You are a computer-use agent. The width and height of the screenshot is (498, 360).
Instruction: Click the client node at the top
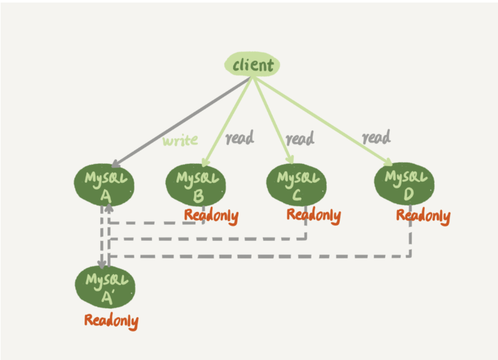click(x=253, y=65)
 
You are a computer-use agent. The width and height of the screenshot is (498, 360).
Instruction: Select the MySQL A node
click(x=104, y=185)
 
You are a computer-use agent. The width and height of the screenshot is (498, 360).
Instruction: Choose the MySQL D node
click(x=405, y=183)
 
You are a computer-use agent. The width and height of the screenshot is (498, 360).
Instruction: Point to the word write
click(x=180, y=140)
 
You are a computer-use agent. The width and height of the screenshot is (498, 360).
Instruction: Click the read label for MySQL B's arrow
click(x=240, y=137)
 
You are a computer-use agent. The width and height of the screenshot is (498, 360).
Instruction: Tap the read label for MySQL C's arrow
click(x=299, y=137)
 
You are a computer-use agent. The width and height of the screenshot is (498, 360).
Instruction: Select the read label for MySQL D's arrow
click(x=376, y=136)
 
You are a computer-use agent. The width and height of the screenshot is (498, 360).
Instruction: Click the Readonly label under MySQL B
click(x=211, y=216)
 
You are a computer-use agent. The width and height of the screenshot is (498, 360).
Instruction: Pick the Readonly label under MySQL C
click(x=313, y=215)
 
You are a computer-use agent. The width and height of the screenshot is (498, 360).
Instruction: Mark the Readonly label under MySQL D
click(x=423, y=216)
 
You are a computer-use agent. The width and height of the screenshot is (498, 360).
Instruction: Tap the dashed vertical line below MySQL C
click(x=306, y=224)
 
